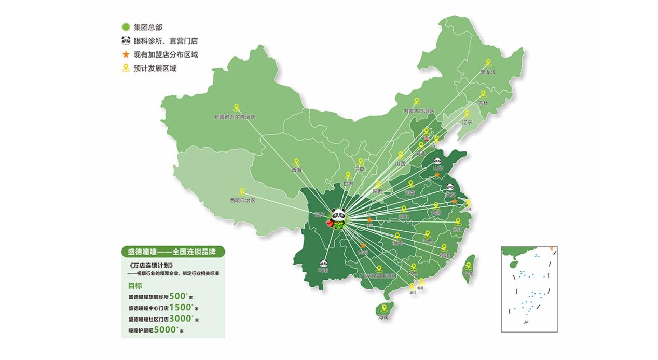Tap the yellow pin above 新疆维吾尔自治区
[236, 108]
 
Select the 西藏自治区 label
[242, 200]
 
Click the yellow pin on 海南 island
[384, 307]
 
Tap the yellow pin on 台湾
[469, 266]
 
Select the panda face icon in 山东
[437, 161]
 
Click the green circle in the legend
[125, 27]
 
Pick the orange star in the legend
[125, 54]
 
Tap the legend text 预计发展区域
[155, 68]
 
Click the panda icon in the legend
[125, 40]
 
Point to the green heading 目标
[135, 286]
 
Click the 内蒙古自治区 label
[418, 111]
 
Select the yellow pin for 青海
[296, 162]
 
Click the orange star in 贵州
[363, 245]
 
